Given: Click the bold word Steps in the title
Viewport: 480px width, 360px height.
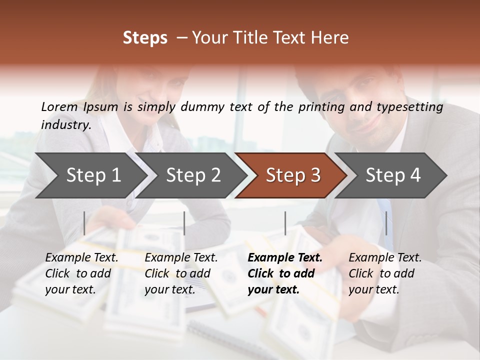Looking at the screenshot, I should tap(145, 38).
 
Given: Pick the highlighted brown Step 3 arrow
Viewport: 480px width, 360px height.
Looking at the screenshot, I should tap(293, 175).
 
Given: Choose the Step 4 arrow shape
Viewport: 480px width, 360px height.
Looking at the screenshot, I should tap(393, 175).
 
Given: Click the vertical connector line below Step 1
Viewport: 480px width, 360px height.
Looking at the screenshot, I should tap(84, 223).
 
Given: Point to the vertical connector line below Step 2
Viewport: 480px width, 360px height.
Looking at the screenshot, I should tap(184, 223).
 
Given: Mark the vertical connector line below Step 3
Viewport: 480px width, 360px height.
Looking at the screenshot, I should tap(285, 223).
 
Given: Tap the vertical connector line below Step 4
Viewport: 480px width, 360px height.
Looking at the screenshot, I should tap(386, 223).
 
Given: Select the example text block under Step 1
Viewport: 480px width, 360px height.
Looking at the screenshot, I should tap(81, 273).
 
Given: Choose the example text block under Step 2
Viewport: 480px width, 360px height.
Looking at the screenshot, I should tap(181, 273).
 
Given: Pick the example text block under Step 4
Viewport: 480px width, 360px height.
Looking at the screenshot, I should tap(385, 273).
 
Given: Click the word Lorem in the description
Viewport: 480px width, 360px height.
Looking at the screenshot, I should tap(59, 107).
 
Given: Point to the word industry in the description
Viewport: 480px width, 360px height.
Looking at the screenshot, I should tap(66, 125).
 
